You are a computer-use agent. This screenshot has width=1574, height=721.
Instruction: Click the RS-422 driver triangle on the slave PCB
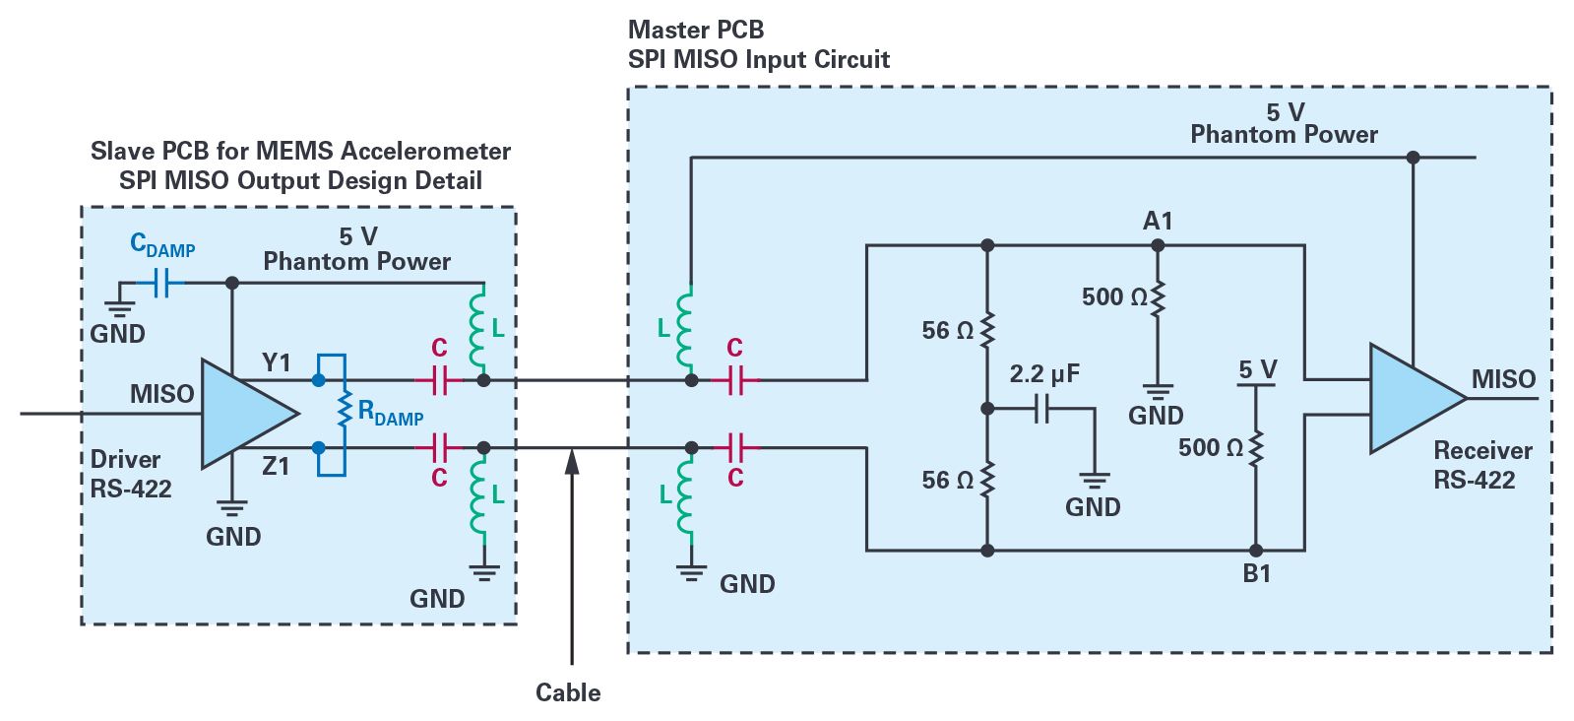(241, 414)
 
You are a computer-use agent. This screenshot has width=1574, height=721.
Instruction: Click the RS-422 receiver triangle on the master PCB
(1409, 399)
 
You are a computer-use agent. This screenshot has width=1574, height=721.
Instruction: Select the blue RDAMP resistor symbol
(345, 412)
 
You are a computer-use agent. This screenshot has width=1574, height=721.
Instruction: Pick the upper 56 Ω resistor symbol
(987, 330)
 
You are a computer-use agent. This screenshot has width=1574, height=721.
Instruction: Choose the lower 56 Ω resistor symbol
(987, 480)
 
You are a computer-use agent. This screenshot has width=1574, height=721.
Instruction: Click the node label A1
(1158, 222)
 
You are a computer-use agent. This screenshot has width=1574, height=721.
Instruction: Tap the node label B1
(1256, 573)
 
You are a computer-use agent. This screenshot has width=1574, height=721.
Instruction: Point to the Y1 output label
(277, 362)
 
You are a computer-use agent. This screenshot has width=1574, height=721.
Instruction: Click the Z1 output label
(276, 466)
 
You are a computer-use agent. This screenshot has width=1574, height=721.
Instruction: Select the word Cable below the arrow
(568, 692)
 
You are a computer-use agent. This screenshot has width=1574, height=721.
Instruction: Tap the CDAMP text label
(162, 245)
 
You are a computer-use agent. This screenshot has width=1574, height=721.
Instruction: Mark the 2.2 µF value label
(1043, 374)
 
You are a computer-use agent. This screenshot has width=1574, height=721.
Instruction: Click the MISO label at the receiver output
(1503, 379)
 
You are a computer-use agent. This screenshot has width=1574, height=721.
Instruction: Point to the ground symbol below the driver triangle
(231, 508)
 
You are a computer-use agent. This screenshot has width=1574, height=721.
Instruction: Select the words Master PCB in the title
(696, 30)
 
